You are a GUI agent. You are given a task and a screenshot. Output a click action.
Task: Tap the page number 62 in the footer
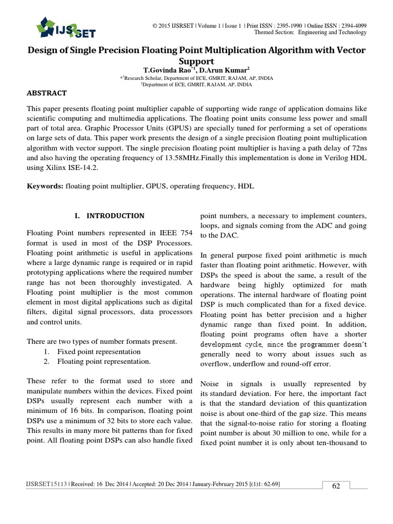click(x=336, y=486)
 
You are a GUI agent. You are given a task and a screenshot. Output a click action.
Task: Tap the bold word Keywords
click(x=45, y=187)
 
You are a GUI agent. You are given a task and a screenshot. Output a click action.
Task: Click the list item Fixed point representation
click(x=98, y=352)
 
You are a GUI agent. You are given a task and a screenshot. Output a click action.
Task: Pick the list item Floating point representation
click(x=104, y=362)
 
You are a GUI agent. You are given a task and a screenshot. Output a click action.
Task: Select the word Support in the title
click(x=196, y=60)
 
